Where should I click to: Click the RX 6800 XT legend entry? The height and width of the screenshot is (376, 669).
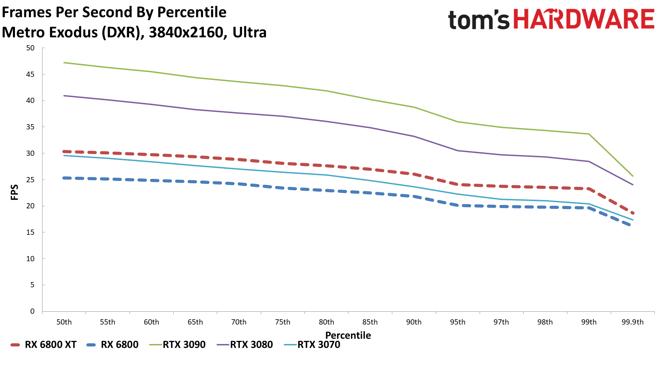pos(44,345)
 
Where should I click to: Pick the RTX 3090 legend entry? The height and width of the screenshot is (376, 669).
pos(178,345)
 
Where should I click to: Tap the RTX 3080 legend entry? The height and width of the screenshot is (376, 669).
pos(245,345)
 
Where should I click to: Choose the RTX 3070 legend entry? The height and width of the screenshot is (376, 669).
pos(312,345)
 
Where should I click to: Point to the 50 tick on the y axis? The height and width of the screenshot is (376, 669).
pos(31,48)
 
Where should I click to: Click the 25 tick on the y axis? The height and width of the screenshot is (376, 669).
pos(31,180)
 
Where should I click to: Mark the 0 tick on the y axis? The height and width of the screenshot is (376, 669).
pos(32,311)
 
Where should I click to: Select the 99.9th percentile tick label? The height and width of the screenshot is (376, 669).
pos(632,322)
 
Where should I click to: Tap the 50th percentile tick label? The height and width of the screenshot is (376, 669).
pos(64,322)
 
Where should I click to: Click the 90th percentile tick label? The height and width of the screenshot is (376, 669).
pos(414,322)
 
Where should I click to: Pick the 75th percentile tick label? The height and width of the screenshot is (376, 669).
pos(283,322)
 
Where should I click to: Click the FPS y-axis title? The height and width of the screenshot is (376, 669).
pos(14,192)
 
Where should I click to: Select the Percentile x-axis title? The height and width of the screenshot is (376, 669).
pos(348,335)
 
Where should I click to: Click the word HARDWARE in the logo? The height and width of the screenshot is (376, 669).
pos(584,19)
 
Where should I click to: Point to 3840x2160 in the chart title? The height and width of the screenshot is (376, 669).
pos(186,32)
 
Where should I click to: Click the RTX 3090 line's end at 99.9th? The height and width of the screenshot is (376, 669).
pos(632,176)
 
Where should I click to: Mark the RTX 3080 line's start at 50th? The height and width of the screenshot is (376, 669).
pos(64,96)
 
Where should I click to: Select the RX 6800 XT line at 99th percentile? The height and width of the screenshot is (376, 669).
pos(589,189)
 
